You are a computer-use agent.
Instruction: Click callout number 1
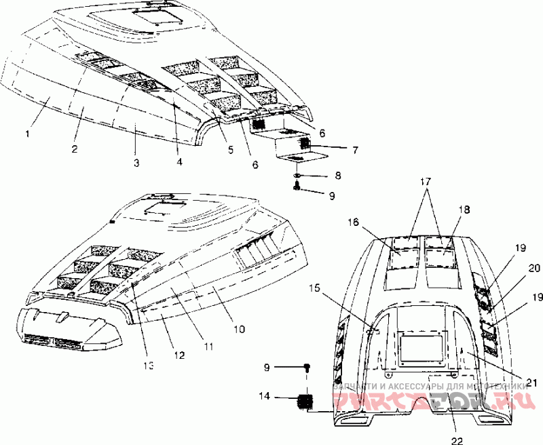click(28, 134)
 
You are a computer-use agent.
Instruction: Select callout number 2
click(75, 148)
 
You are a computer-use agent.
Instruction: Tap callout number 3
click(137, 163)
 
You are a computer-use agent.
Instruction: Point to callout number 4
click(179, 162)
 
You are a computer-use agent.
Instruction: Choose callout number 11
click(208, 346)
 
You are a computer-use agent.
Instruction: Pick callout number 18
click(464, 210)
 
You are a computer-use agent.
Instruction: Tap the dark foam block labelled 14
click(305, 402)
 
